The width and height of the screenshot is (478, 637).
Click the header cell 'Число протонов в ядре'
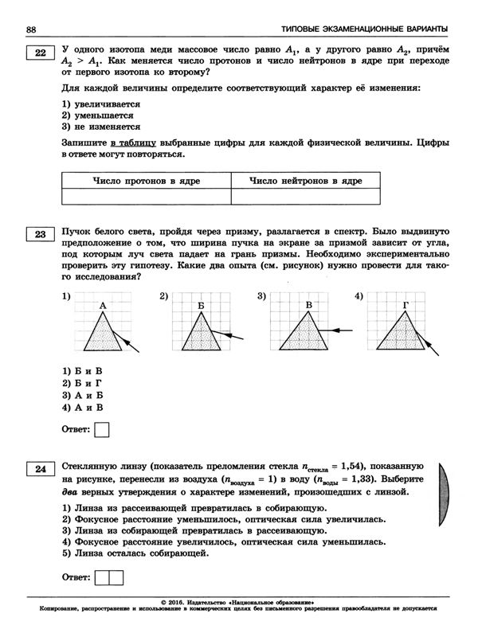(x=146, y=181)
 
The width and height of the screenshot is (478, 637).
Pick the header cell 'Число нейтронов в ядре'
(x=306, y=181)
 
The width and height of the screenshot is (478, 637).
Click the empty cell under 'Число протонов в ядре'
(x=146, y=197)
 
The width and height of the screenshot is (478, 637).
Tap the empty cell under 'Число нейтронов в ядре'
(x=306, y=197)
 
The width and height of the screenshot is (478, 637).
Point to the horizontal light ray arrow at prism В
(x=342, y=327)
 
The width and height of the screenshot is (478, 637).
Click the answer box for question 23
(x=102, y=431)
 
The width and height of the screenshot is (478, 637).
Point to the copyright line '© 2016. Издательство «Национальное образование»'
(x=238, y=603)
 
